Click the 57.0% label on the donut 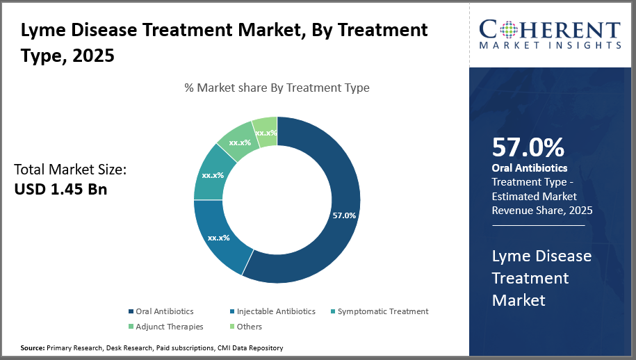344,215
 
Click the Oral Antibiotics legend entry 165,311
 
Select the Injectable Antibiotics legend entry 276,311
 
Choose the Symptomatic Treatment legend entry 382,311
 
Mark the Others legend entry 250,326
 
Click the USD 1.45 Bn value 60,188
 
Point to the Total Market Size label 70,170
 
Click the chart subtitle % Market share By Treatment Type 277,88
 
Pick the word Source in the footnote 32,347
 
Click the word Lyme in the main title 46,31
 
